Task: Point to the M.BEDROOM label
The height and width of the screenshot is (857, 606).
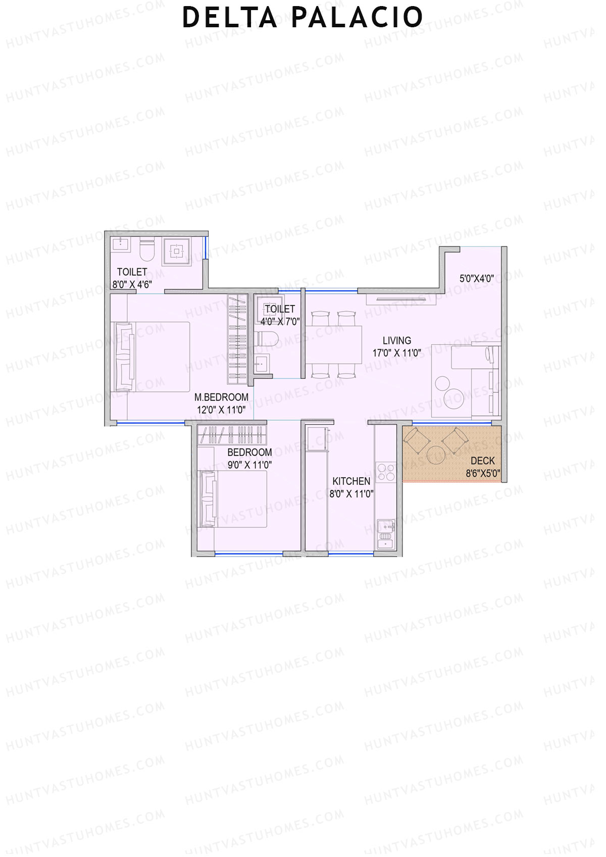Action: coord(221,397)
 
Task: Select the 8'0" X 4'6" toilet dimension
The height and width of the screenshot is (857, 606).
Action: coord(132,284)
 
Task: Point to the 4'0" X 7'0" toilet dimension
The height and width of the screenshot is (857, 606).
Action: coord(280,321)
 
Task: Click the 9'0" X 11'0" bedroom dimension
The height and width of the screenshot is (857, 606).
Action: coord(249,465)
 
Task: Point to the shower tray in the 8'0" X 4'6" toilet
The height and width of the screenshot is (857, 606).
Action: coord(176,251)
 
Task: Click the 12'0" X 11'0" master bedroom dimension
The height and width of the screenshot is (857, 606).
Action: coord(221,410)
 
